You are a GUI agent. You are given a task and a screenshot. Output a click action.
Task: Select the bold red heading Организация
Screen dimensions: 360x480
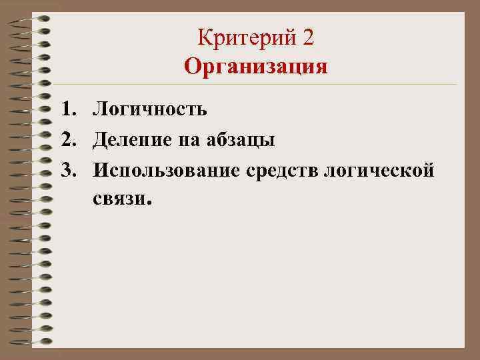point(256,67)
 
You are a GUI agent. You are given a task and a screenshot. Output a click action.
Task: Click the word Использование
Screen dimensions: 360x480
point(167,171)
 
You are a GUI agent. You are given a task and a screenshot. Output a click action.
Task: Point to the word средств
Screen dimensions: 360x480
point(281,171)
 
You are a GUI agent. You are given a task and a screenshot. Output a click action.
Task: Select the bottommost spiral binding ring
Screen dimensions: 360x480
point(37,342)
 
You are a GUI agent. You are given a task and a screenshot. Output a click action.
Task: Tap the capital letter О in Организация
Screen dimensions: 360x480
point(193,67)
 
